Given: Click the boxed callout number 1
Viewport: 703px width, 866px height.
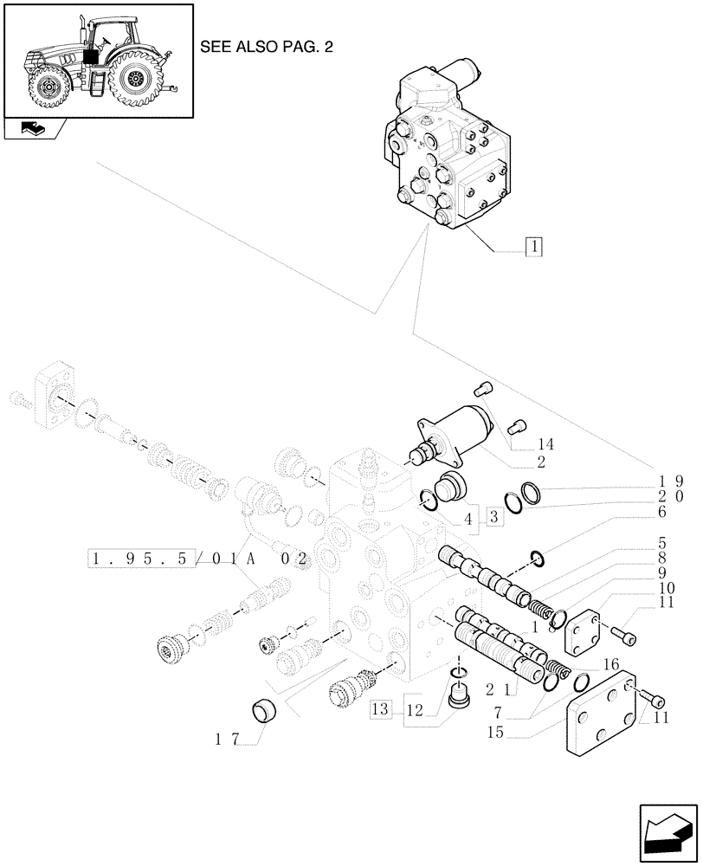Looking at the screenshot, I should (534, 247).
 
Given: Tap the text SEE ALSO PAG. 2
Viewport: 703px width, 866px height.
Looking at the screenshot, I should (266, 47).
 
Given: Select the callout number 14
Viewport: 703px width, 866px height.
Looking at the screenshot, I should (545, 444).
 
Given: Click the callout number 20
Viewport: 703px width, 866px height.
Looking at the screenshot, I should (669, 497).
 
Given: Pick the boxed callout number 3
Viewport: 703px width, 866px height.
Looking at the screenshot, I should (493, 518).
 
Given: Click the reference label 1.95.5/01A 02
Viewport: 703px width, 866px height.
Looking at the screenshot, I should (198, 558).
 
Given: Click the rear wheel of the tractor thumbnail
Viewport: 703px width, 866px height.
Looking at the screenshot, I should (136, 81).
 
